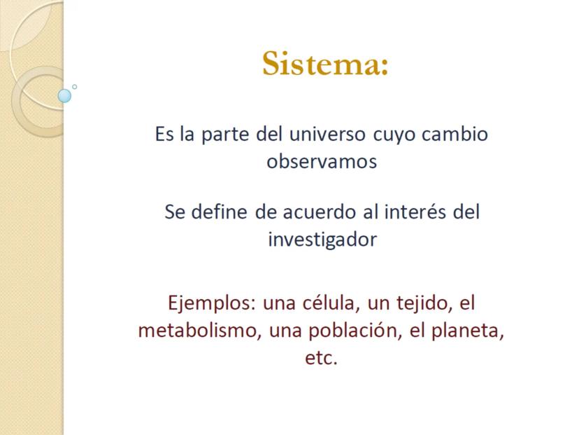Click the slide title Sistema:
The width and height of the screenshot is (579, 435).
[325, 63]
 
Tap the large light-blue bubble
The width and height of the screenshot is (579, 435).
[64, 96]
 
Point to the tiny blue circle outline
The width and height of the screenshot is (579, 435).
[75, 87]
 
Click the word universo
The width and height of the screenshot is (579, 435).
[327, 134]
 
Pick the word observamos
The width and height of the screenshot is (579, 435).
[322, 162]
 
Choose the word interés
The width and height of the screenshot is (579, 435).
[415, 212]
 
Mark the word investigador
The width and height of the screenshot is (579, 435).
[322, 240]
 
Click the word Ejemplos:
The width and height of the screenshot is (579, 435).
[212, 303]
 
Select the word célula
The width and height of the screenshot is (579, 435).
[331, 303]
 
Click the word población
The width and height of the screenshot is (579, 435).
[355, 331]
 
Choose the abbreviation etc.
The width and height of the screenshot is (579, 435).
[321, 358]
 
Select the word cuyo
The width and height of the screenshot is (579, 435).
[394, 134]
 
